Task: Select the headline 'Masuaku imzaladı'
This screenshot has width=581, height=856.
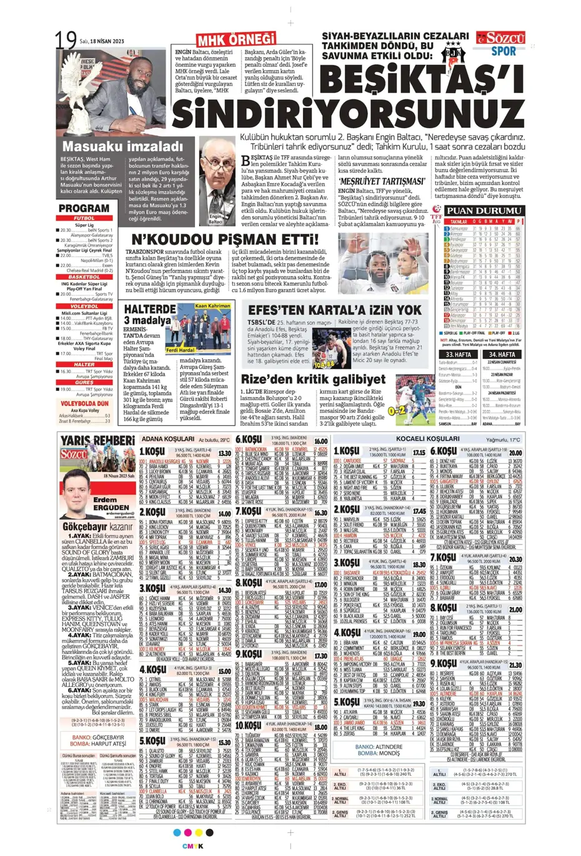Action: (x=122, y=147)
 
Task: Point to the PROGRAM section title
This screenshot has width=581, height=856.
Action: (x=84, y=208)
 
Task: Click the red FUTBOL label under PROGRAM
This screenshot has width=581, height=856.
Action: (x=84, y=219)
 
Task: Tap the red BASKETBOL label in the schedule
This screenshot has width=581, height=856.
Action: (x=84, y=277)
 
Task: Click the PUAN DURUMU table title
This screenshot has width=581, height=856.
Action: (x=484, y=211)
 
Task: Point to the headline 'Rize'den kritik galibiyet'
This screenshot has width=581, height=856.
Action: (x=313, y=379)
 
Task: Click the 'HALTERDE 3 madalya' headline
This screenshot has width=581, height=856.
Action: (x=148, y=315)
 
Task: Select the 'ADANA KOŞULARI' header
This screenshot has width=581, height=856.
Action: (x=167, y=439)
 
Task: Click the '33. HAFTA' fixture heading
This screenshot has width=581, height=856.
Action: (x=458, y=355)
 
